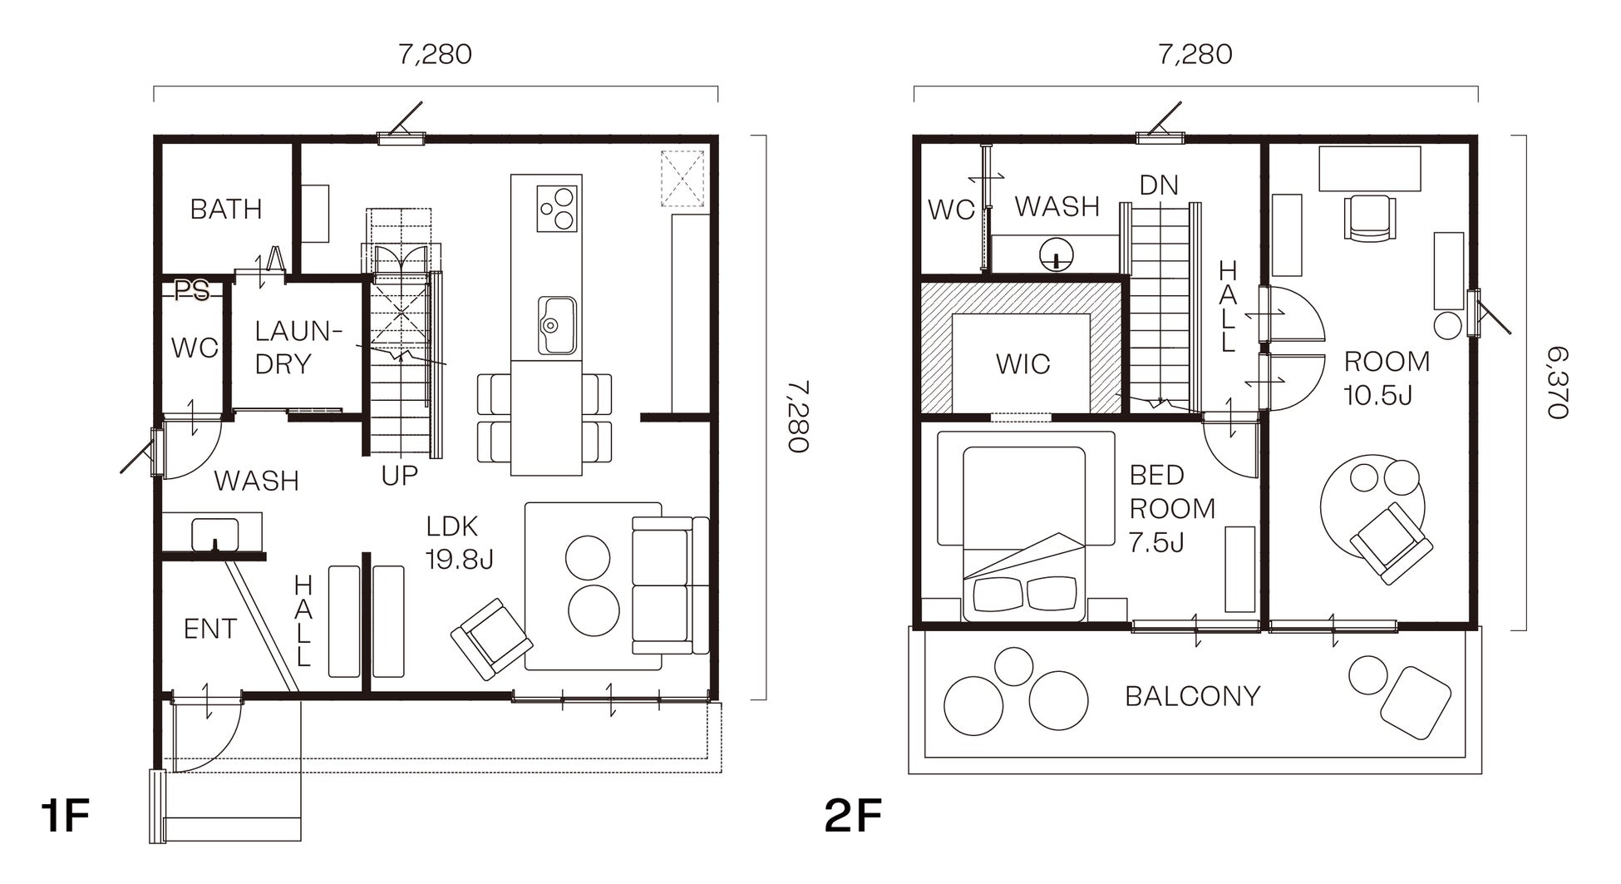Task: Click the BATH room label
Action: click(x=226, y=209)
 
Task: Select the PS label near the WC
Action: click(x=191, y=292)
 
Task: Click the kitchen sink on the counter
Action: click(x=557, y=325)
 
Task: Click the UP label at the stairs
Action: click(x=399, y=476)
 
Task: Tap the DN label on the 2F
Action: click(x=1159, y=185)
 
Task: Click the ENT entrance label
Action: click(x=210, y=630)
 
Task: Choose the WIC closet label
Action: click(x=1022, y=363)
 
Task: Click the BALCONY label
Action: click(x=1192, y=696)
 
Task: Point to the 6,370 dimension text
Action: click(x=1556, y=383)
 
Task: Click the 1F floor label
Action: click(x=65, y=816)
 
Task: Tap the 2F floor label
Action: click(x=853, y=816)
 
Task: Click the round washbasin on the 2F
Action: click(x=1056, y=253)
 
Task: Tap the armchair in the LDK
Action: click(x=491, y=639)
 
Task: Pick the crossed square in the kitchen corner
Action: click(x=682, y=178)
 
